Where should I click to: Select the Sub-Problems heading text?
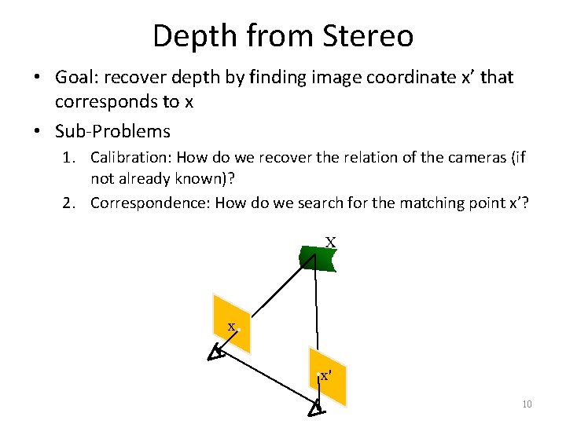pyautogui.click(x=112, y=130)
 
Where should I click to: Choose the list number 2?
pyautogui.click(x=68, y=203)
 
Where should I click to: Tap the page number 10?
pyautogui.click(x=527, y=404)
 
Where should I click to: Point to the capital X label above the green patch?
pyautogui.click(x=331, y=243)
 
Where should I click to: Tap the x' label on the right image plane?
pyautogui.click(x=325, y=375)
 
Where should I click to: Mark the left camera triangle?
pyautogui.click(x=215, y=354)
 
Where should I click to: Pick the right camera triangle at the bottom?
pyautogui.click(x=315, y=408)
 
